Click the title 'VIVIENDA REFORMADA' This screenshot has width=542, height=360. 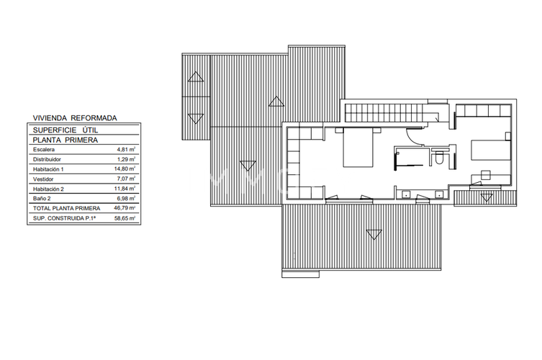pyautogui.click(x=75, y=117)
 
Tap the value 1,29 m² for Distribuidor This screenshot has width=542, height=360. pyautogui.click(x=127, y=158)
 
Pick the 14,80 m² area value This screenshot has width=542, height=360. pyautogui.click(x=126, y=168)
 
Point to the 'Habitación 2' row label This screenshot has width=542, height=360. pyautogui.click(x=50, y=188)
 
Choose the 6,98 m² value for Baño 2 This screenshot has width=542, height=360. pyautogui.click(x=127, y=197)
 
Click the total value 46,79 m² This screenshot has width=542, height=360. pyautogui.click(x=125, y=207)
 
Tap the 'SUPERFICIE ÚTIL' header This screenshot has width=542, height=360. pyautogui.click(x=66, y=130)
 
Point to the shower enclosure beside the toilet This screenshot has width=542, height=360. pyautogui.click(x=410, y=158)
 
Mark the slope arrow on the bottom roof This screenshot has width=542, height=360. pyautogui.click(x=373, y=233)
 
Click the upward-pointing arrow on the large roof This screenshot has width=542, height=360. pyautogui.click(x=274, y=102)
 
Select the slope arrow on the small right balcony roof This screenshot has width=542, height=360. pyautogui.click(x=485, y=197)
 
